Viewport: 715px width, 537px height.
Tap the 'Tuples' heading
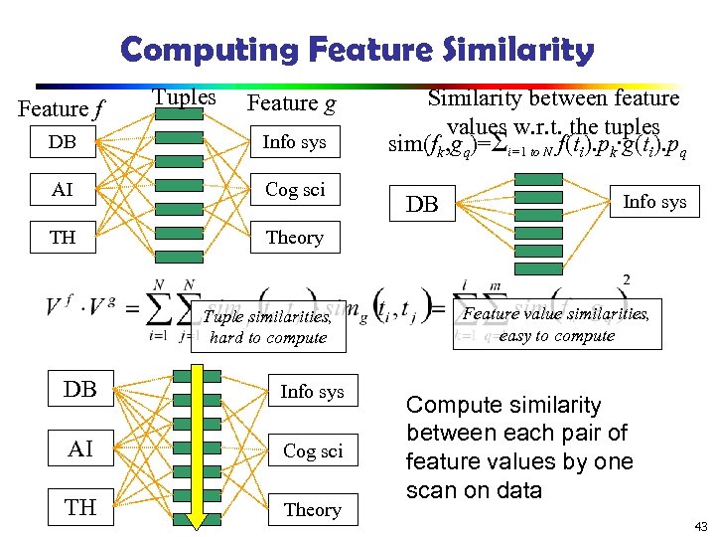pos(184,97)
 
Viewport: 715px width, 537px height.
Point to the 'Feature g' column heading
pos(291,103)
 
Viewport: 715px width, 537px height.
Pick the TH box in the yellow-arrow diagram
pos(81,507)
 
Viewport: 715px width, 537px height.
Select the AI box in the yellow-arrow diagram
pos(81,448)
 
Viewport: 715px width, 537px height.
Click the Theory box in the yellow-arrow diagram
pos(312,509)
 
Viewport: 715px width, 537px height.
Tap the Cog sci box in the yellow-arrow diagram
pos(312,450)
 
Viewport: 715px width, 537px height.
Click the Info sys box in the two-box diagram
pos(653,202)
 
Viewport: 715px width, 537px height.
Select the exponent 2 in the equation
pos(626,279)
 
